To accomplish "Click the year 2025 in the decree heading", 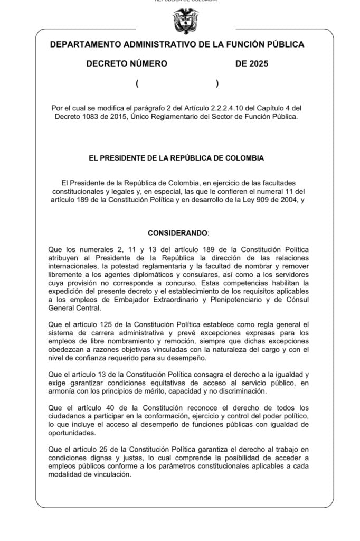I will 259,64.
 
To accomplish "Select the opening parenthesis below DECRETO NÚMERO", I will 137,83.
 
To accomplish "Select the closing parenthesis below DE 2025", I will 217,83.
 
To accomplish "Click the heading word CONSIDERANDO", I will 178,232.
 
